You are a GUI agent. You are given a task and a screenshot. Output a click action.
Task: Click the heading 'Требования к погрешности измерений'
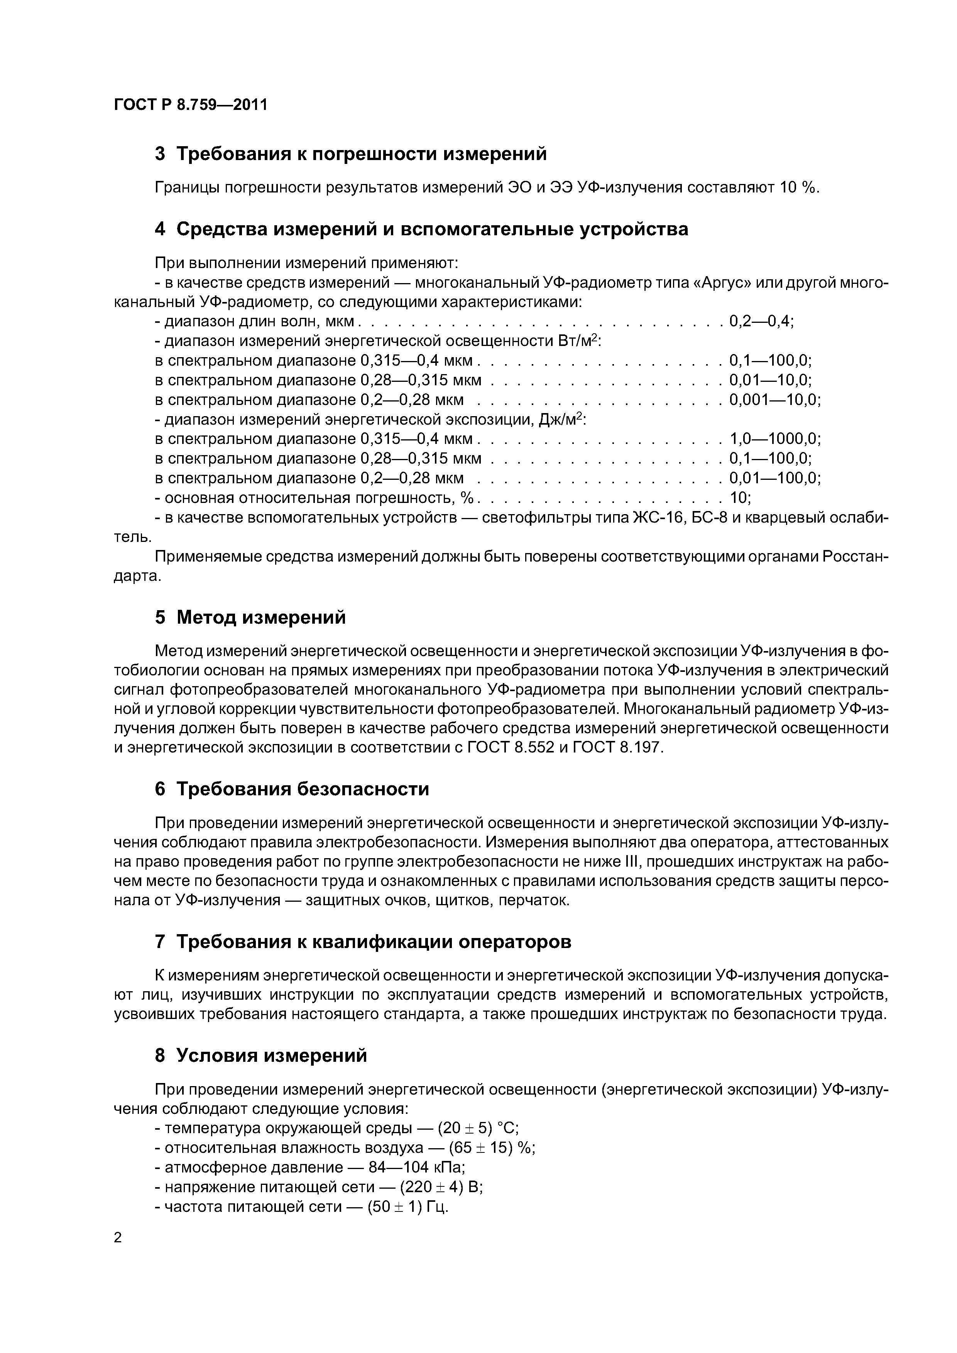click(x=362, y=154)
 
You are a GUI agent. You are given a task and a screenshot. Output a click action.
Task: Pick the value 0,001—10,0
click(x=774, y=400)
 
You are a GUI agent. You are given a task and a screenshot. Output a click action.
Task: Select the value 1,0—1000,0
click(x=774, y=439)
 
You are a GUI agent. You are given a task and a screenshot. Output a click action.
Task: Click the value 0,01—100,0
click(x=774, y=478)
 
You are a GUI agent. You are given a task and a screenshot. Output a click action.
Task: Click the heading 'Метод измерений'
click(x=261, y=617)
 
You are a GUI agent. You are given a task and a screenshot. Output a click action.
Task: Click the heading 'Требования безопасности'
click(x=303, y=789)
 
